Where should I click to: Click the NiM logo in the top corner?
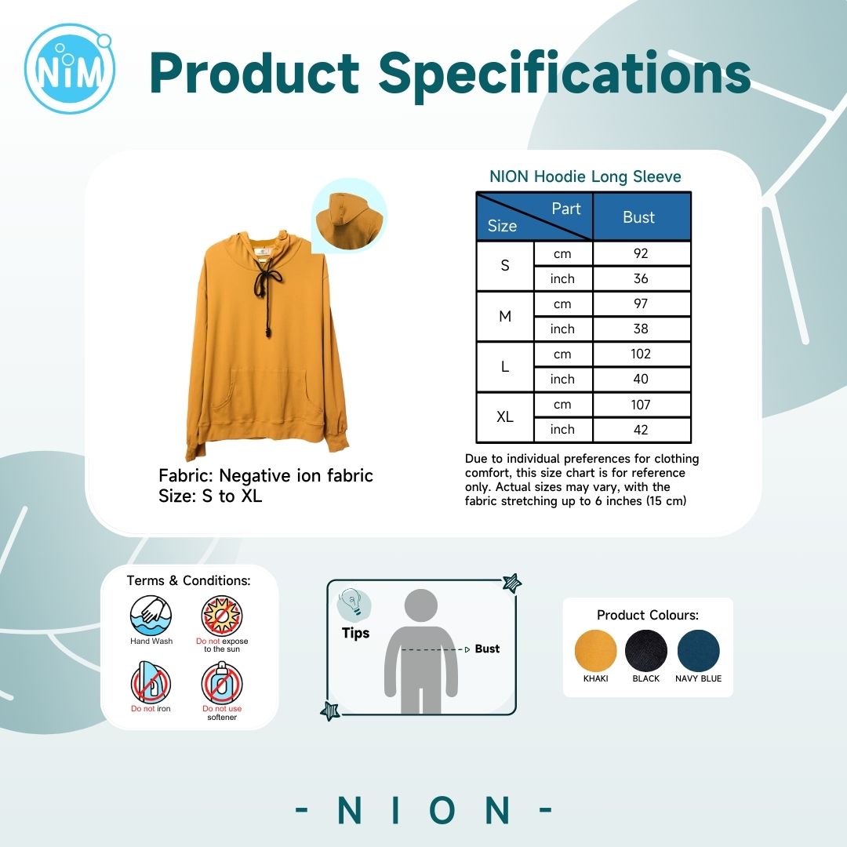click(69, 68)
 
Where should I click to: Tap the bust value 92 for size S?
click(641, 253)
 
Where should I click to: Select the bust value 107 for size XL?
click(641, 405)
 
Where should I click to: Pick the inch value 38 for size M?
click(641, 329)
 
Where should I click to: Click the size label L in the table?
click(505, 367)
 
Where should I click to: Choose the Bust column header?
click(638, 217)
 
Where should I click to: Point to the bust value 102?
click(641, 354)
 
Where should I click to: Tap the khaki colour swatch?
click(595, 651)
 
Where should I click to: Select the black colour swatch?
click(646, 651)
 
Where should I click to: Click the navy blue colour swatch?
click(699, 651)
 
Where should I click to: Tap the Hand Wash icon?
click(151, 616)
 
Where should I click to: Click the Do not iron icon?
click(151, 682)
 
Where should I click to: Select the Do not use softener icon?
click(222, 682)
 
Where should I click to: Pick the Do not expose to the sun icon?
click(222, 616)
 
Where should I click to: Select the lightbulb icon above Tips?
click(353, 603)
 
